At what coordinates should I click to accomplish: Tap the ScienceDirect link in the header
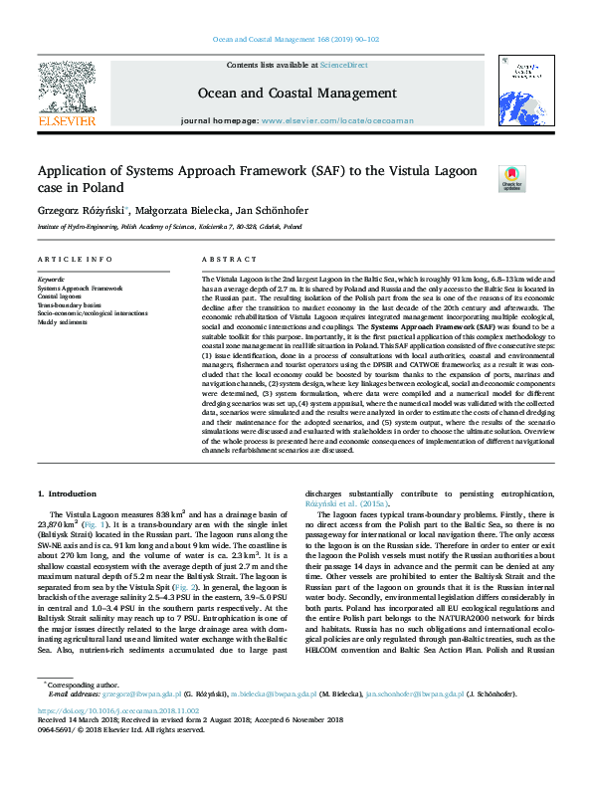tap(343, 66)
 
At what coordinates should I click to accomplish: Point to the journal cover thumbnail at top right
tap(523, 94)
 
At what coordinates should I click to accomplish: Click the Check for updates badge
tap(511, 178)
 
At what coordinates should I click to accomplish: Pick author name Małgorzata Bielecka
tap(178, 211)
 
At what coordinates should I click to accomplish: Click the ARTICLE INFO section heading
tap(75, 259)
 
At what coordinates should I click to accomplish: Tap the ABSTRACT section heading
tap(223, 259)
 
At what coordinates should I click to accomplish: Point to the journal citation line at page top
tap(296, 40)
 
